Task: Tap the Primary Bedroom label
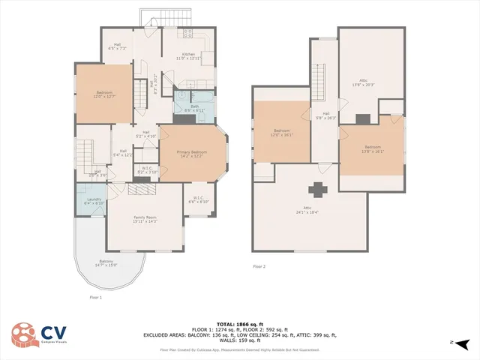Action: point(191,154)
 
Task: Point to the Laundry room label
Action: point(94,201)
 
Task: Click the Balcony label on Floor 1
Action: point(106,263)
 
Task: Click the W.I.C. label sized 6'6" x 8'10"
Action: point(198,199)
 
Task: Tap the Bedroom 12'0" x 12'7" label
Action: point(103,94)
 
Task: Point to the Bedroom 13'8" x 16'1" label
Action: point(372,148)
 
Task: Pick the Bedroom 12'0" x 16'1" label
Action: point(282,132)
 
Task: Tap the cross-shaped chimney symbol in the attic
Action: point(320,189)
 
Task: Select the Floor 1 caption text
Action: point(95,297)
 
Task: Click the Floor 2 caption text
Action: point(259,266)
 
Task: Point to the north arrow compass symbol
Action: point(463,343)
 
